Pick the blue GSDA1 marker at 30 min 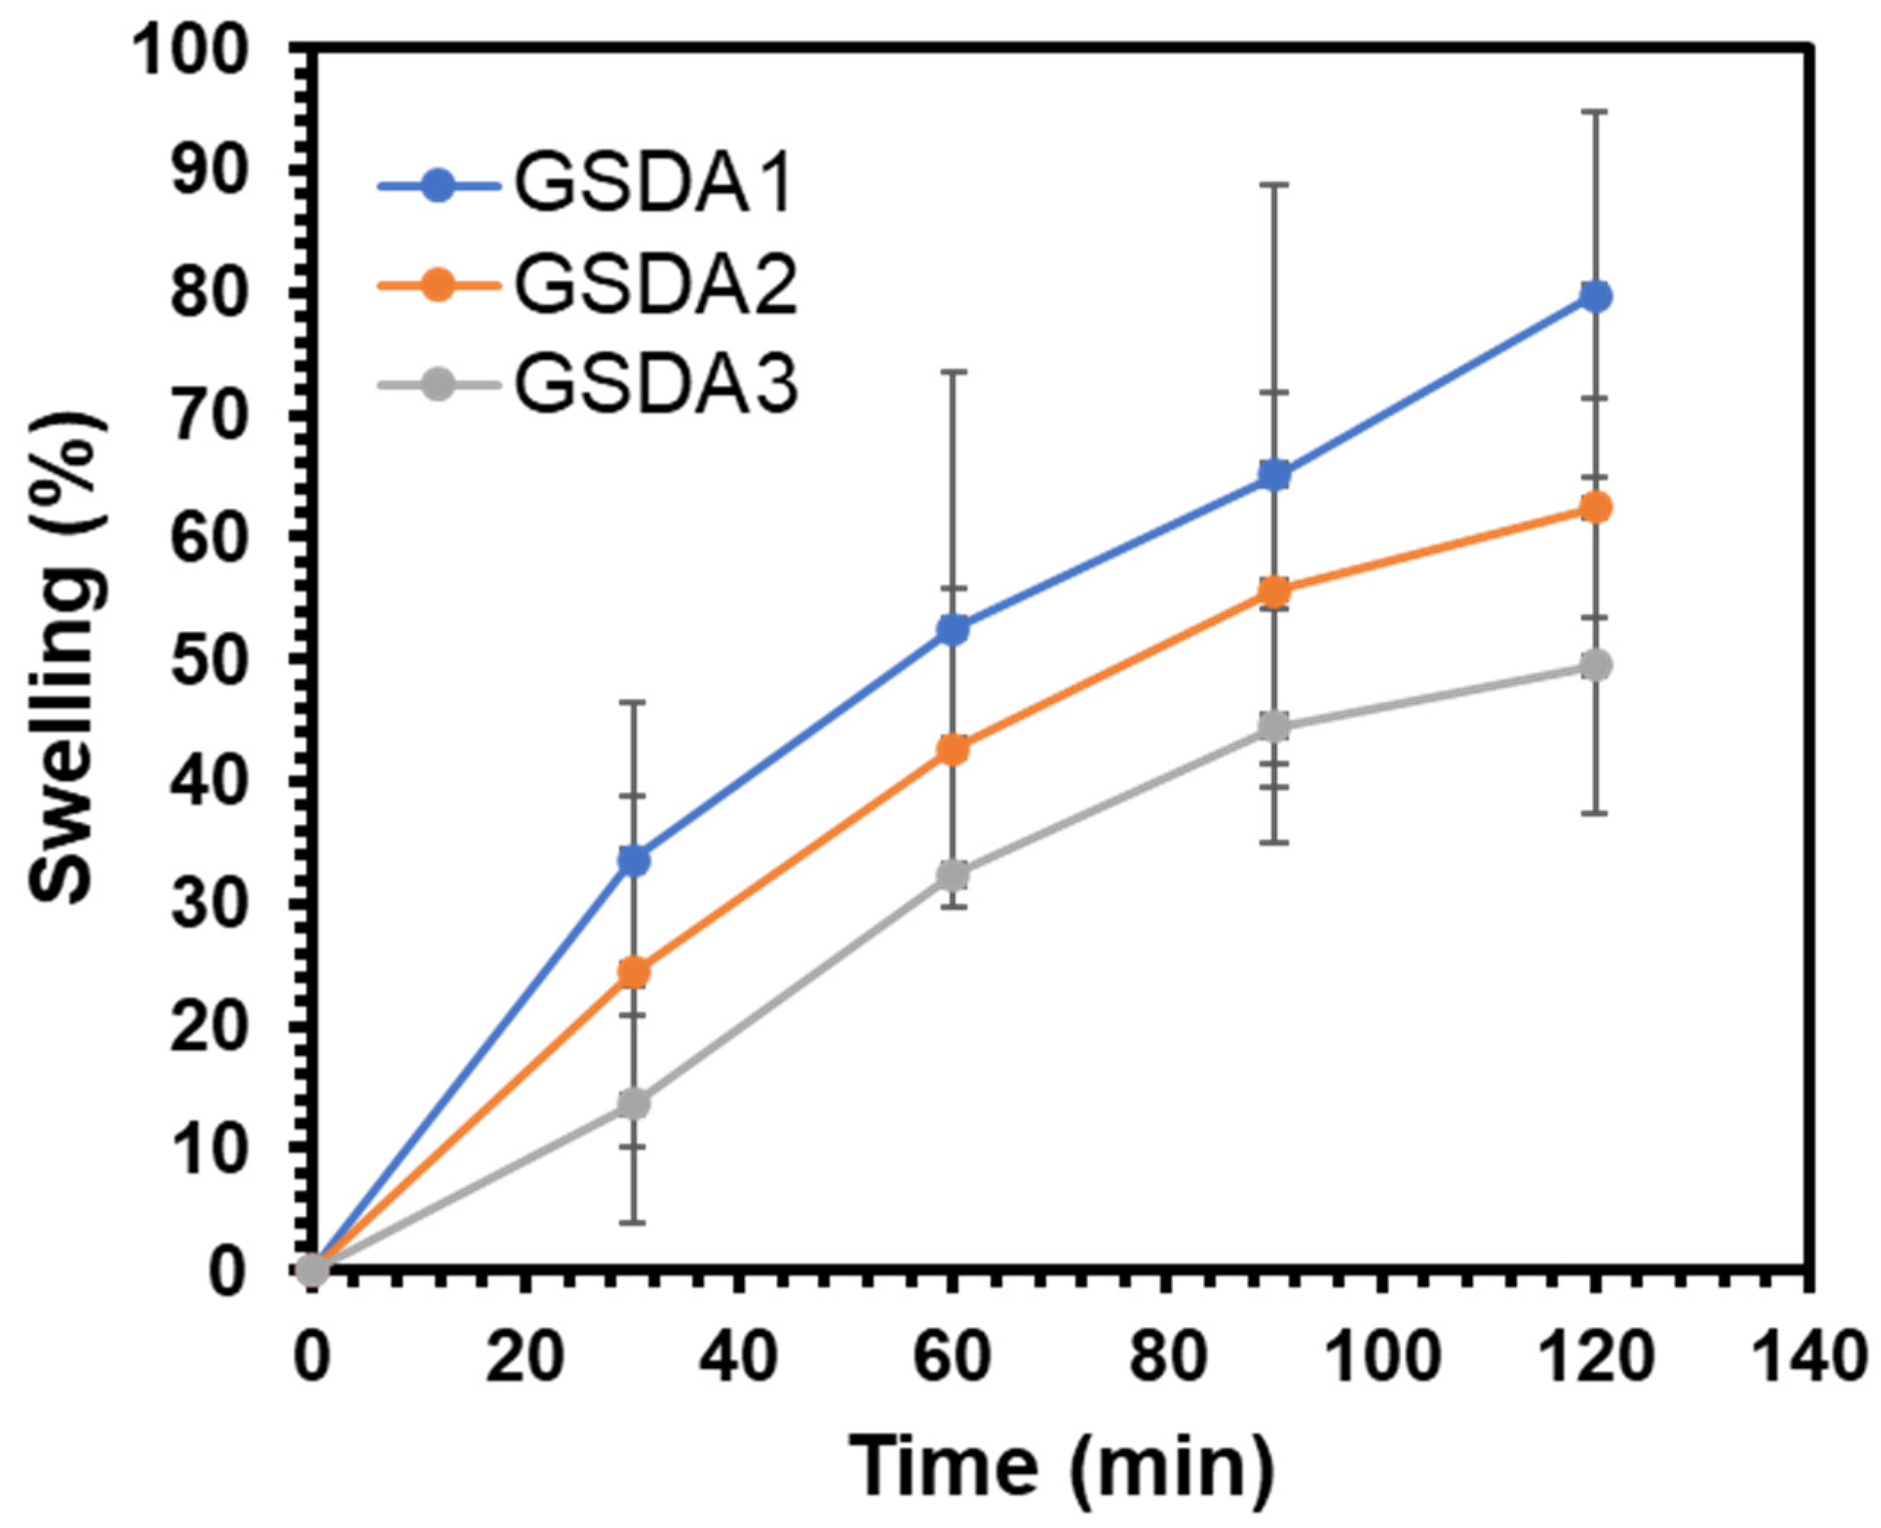tap(633, 861)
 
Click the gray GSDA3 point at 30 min tap(633, 1104)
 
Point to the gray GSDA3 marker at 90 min tap(1273, 726)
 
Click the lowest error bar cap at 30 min tap(633, 1222)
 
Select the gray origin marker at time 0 tap(312, 1270)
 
